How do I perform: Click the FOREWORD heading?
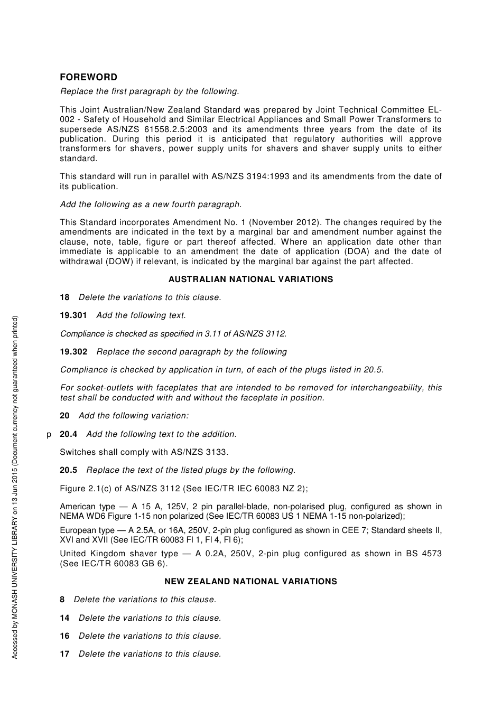tap(88, 77)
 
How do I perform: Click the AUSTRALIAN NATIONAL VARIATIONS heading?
tap(250, 279)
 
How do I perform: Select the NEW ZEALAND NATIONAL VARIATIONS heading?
tap(250, 582)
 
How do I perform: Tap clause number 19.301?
tap(73, 315)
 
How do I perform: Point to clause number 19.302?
tap(73, 352)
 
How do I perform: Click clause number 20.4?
tap(69, 434)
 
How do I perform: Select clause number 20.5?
tap(69, 470)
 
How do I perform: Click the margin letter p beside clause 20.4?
tap(49, 435)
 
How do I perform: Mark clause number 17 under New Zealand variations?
tap(64, 654)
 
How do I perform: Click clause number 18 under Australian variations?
tap(64, 297)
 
